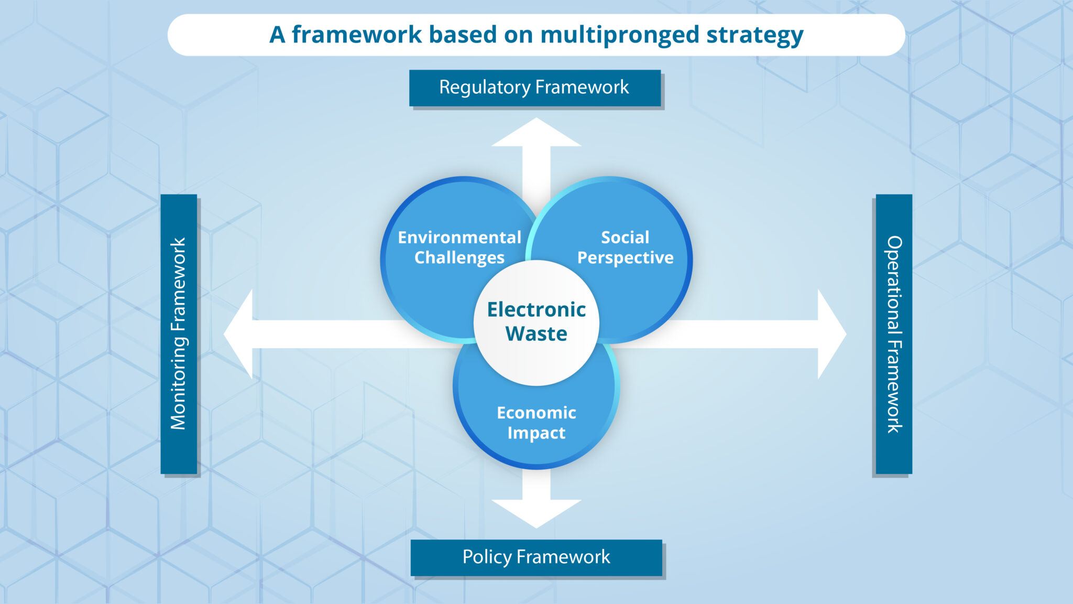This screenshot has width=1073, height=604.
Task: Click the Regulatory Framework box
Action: pos(534,88)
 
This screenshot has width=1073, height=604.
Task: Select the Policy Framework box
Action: pos(536,557)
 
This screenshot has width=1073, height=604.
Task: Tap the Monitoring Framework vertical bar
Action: pos(179,334)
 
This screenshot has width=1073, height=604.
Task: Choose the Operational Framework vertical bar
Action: pos(894,334)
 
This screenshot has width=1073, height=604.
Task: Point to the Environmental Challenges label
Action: pos(459,247)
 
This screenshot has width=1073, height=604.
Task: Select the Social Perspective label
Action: pos(625,247)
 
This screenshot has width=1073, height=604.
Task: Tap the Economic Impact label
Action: pos(536,423)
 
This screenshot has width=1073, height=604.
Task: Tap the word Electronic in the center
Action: pos(536,310)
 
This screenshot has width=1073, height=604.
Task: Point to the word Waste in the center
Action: pos(536,334)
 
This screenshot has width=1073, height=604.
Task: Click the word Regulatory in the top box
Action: pos(485,88)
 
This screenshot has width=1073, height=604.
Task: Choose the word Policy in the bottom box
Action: pos(487,557)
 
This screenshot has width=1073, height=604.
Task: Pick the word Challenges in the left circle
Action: pos(459,258)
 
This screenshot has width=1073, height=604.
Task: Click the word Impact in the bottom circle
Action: pos(536,433)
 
